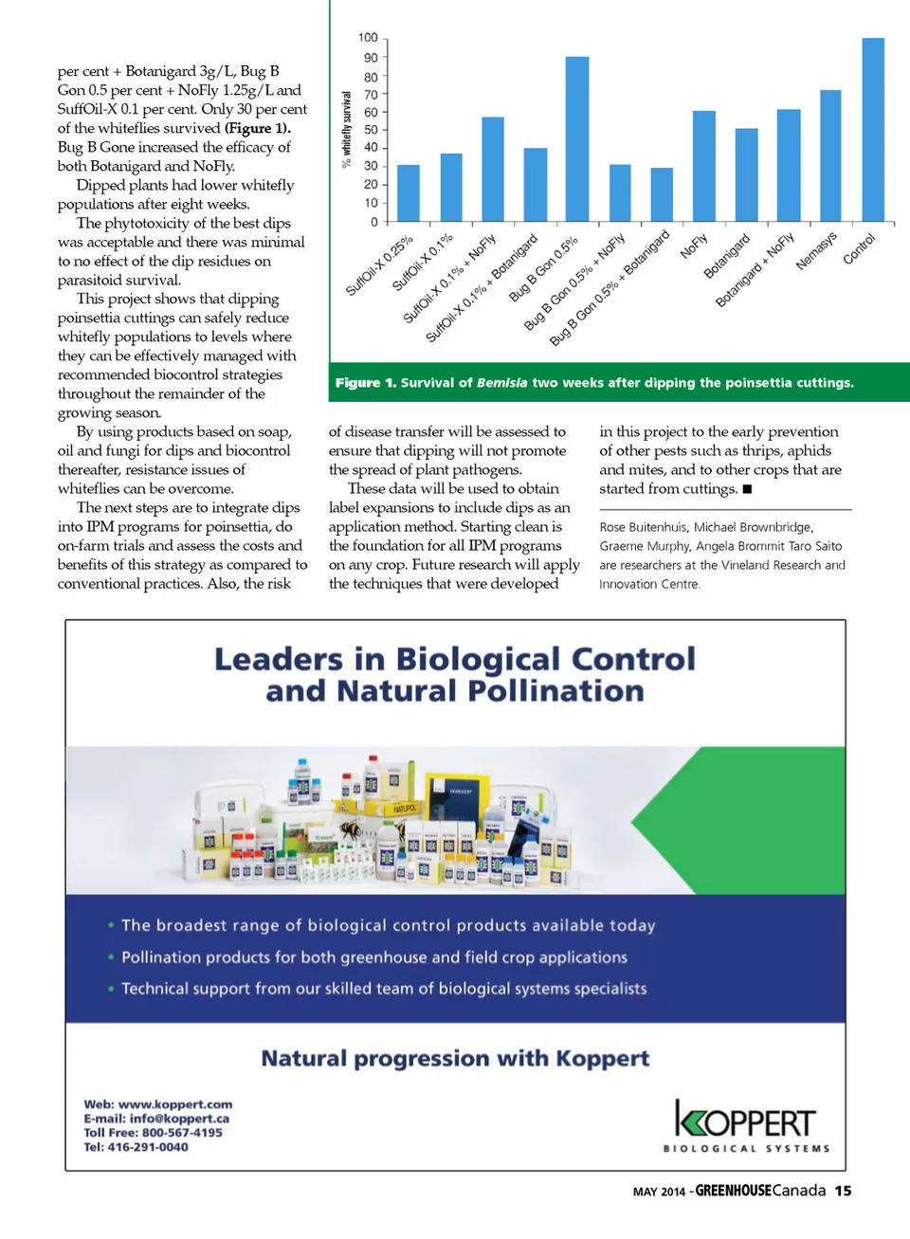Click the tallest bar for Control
pos(873,130)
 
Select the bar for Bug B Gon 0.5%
pos(576,139)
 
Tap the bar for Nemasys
pos(830,156)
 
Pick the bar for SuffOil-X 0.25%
pos(408,193)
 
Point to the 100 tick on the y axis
pos(368,38)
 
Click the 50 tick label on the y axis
pos(371,130)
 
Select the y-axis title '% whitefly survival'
pos(346,129)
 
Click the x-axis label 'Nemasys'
pos(816,251)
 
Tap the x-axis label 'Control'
pos(859,248)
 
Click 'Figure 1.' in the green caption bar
pos(365,383)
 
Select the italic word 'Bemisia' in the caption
pos(501,383)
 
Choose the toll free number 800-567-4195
pos(182,1133)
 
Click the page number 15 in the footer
pos(843,1191)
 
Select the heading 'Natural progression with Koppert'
pos(455,1058)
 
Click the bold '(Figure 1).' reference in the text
pos(258,128)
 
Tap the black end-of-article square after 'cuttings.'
pos(747,489)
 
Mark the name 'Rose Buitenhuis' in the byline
pos(642,527)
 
